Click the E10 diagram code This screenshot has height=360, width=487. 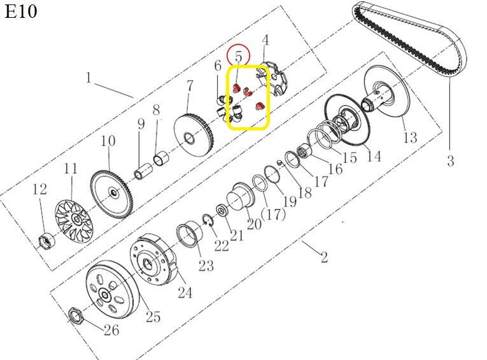click(21, 12)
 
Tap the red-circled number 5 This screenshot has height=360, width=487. click(238, 57)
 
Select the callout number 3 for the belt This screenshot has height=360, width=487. click(451, 161)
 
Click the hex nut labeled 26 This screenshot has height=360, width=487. click(74, 316)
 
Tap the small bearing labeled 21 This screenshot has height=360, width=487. click(222, 211)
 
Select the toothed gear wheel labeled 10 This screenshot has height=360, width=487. click(112, 193)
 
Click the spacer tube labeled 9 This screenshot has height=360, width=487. click(143, 171)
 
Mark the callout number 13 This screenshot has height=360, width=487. click(410, 137)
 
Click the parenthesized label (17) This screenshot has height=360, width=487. click(273, 214)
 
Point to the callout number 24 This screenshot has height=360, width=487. click(185, 293)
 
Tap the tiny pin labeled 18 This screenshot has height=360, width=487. click(279, 162)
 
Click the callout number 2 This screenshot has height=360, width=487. click(324, 257)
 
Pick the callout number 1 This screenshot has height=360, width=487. click(89, 78)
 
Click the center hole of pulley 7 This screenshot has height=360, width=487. click(189, 138)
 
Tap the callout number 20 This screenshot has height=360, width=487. click(254, 224)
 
